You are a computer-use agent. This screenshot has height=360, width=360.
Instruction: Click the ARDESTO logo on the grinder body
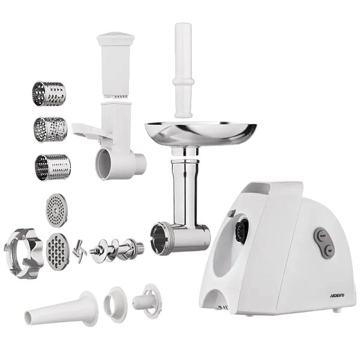click(337, 295)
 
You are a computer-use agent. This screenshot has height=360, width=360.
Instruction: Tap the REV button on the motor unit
click(329, 251)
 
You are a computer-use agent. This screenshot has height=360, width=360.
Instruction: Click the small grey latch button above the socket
click(232, 213)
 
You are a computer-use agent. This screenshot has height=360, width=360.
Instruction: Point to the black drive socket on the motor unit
click(242, 230)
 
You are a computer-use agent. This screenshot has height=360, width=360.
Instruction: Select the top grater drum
click(49, 94)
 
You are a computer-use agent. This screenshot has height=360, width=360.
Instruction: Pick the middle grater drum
click(50, 130)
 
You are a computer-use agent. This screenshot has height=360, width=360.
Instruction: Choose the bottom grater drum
click(53, 167)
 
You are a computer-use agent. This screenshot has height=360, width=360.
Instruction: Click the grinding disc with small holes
click(56, 211)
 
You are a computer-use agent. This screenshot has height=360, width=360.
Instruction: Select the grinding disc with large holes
click(58, 251)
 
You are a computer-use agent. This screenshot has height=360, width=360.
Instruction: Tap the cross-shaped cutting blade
click(79, 251)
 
